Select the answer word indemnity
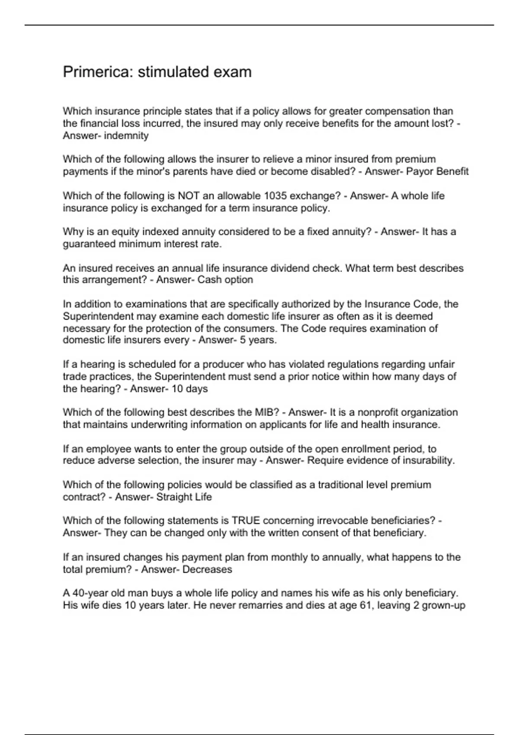coord(126,136)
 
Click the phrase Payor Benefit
coord(437,172)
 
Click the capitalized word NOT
coord(189,196)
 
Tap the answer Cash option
coord(225,280)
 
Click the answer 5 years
coord(258,340)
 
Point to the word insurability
coord(429,460)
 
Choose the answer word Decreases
coord(207,569)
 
